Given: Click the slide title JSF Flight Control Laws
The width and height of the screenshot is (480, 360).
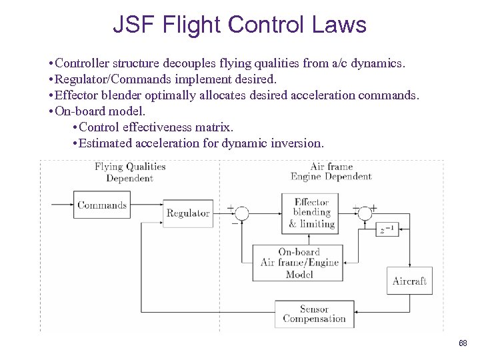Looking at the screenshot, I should [x=239, y=25].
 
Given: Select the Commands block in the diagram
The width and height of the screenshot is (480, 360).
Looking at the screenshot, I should [x=102, y=205].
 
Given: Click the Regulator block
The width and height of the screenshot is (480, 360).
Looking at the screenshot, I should [x=188, y=213].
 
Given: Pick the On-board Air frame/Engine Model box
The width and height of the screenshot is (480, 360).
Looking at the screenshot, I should [x=299, y=263].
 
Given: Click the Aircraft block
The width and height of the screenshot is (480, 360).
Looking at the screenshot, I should [x=409, y=281].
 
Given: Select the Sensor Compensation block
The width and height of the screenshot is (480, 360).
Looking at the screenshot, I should [x=314, y=314].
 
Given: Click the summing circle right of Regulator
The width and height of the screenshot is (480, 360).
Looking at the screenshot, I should [x=241, y=213].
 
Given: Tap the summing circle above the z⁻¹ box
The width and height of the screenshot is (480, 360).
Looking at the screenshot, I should [x=364, y=213].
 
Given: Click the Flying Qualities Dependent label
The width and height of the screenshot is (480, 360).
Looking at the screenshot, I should [x=129, y=172].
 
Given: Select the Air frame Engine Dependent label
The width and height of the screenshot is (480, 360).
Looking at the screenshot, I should [x=331, y=171].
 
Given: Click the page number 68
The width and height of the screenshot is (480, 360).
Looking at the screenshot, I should [x=463, y=343].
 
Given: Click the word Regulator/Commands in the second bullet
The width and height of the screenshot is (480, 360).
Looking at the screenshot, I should [x=103, y=79].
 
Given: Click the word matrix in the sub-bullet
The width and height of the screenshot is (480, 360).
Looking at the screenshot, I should [x=215, y=127].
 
